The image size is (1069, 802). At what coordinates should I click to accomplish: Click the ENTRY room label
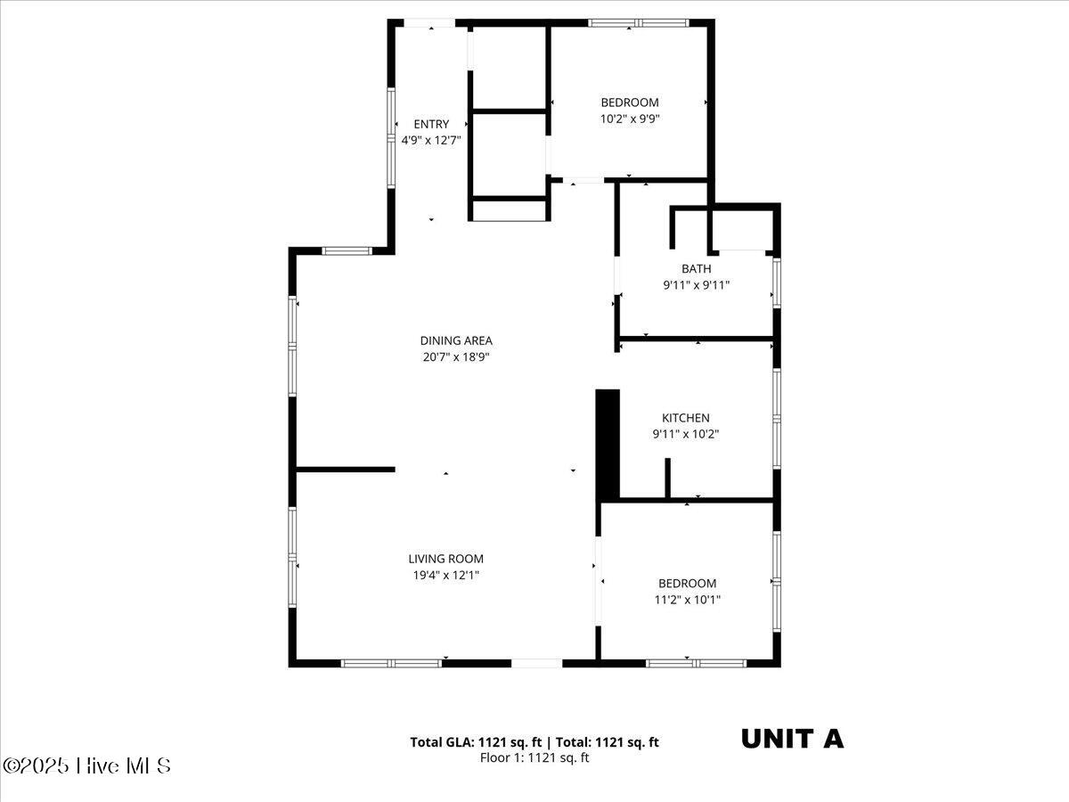pyautogui.click(x=431, y=124)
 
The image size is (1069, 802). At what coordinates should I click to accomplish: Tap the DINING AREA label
pyautogui.click(x=456, y=341)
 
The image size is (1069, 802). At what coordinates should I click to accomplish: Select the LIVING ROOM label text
pyautogui.click(x=445, y=559)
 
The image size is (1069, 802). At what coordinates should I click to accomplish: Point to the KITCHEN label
pyautogui.click(x=685, y=418)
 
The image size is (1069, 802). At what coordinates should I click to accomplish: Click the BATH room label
pyautogui.click(x=696, y=269)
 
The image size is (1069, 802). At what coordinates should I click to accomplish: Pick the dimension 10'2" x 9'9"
pyautogui.click(x=630, y=119)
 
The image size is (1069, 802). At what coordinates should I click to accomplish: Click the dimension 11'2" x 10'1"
pyautogui.click(x=687, y=600)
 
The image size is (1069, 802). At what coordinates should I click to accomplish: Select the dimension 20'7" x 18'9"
pyautogui.click(x=456, y=357)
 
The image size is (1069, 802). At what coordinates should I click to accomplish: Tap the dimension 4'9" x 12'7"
pyautogui.click(x=431, y=141)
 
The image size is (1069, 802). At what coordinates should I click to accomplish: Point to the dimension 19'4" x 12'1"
pyautogui.click(x=445, y=576)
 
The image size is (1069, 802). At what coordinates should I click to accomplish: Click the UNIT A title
pyautogui.click(x=792, y=740)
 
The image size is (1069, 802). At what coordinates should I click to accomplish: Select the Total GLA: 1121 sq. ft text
pyautogui.click(x=476, y=742)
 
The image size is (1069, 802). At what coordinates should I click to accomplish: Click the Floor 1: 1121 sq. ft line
pyautogui.click(x=534, y=757)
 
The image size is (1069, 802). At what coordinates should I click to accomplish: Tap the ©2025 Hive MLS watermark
pyautogui.click(x=86, y=766)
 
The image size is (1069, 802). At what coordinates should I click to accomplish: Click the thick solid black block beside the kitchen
pyautogui.click(x=608, y=445)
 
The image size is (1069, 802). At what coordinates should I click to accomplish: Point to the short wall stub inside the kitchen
pyautogui.click(x=668, y=478)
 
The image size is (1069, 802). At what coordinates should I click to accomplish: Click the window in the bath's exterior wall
pyautogui.click(x=777, y=282)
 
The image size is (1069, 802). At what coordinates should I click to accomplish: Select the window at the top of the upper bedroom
pyautogui.click(x=639, y=23)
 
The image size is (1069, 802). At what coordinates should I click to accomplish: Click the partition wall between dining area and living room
pyautogui.click(x=346, y=470)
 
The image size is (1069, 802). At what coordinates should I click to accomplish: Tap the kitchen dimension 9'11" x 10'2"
pyautogui.click(x=686, y=434)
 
